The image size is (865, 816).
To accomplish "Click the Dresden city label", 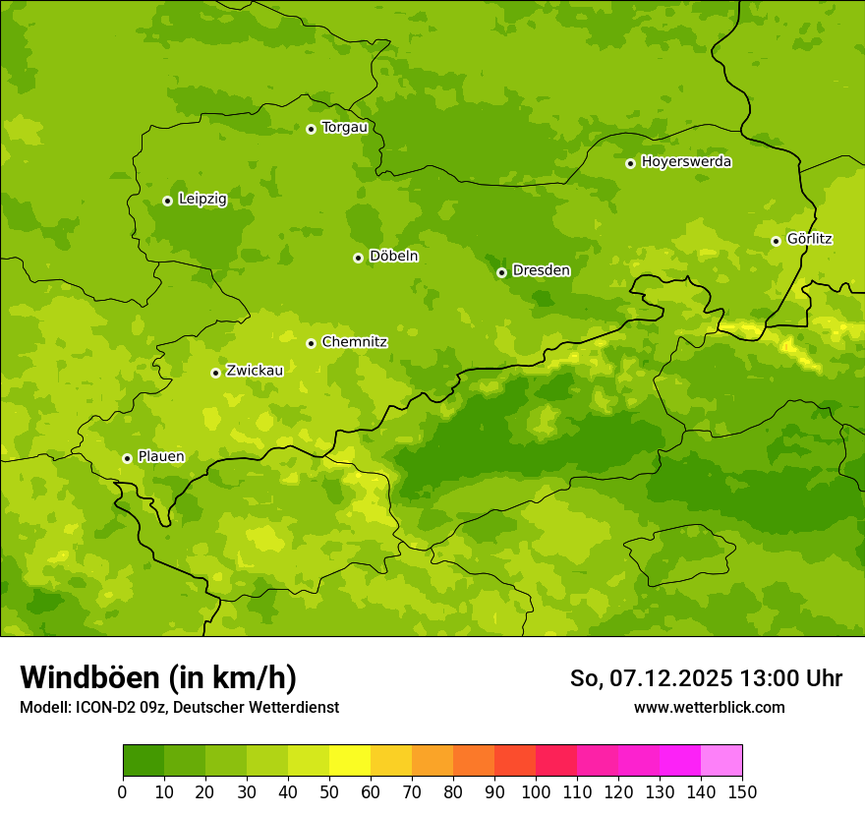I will pos(541,270).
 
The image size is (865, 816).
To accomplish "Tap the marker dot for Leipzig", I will pos(167,201).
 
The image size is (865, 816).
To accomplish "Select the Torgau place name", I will pos(344,127).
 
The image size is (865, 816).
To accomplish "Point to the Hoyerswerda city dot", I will pos(630,163).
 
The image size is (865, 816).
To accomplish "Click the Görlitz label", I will pos(809,239).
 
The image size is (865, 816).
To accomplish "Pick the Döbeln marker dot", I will pos(358,258).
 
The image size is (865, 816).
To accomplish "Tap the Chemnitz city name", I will pos(354,342).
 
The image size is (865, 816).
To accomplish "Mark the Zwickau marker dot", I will pos(215,373).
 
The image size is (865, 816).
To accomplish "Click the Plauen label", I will pos(161,456).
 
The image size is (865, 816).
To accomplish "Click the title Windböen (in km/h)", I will pos(158,677).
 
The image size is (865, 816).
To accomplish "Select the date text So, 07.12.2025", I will pos(651,678).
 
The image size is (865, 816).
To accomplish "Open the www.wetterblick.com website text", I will pos(709,707).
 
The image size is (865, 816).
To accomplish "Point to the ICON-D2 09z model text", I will pos(121,707).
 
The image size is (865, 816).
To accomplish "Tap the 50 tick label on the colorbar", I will pos(329,791).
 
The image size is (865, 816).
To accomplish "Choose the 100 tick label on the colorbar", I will pos(536,791).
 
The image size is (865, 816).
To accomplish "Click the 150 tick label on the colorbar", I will pos(742,791).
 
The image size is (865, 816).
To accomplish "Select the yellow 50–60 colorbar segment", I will pos(350,761).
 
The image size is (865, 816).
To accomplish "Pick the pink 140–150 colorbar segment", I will pos(721,761).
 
